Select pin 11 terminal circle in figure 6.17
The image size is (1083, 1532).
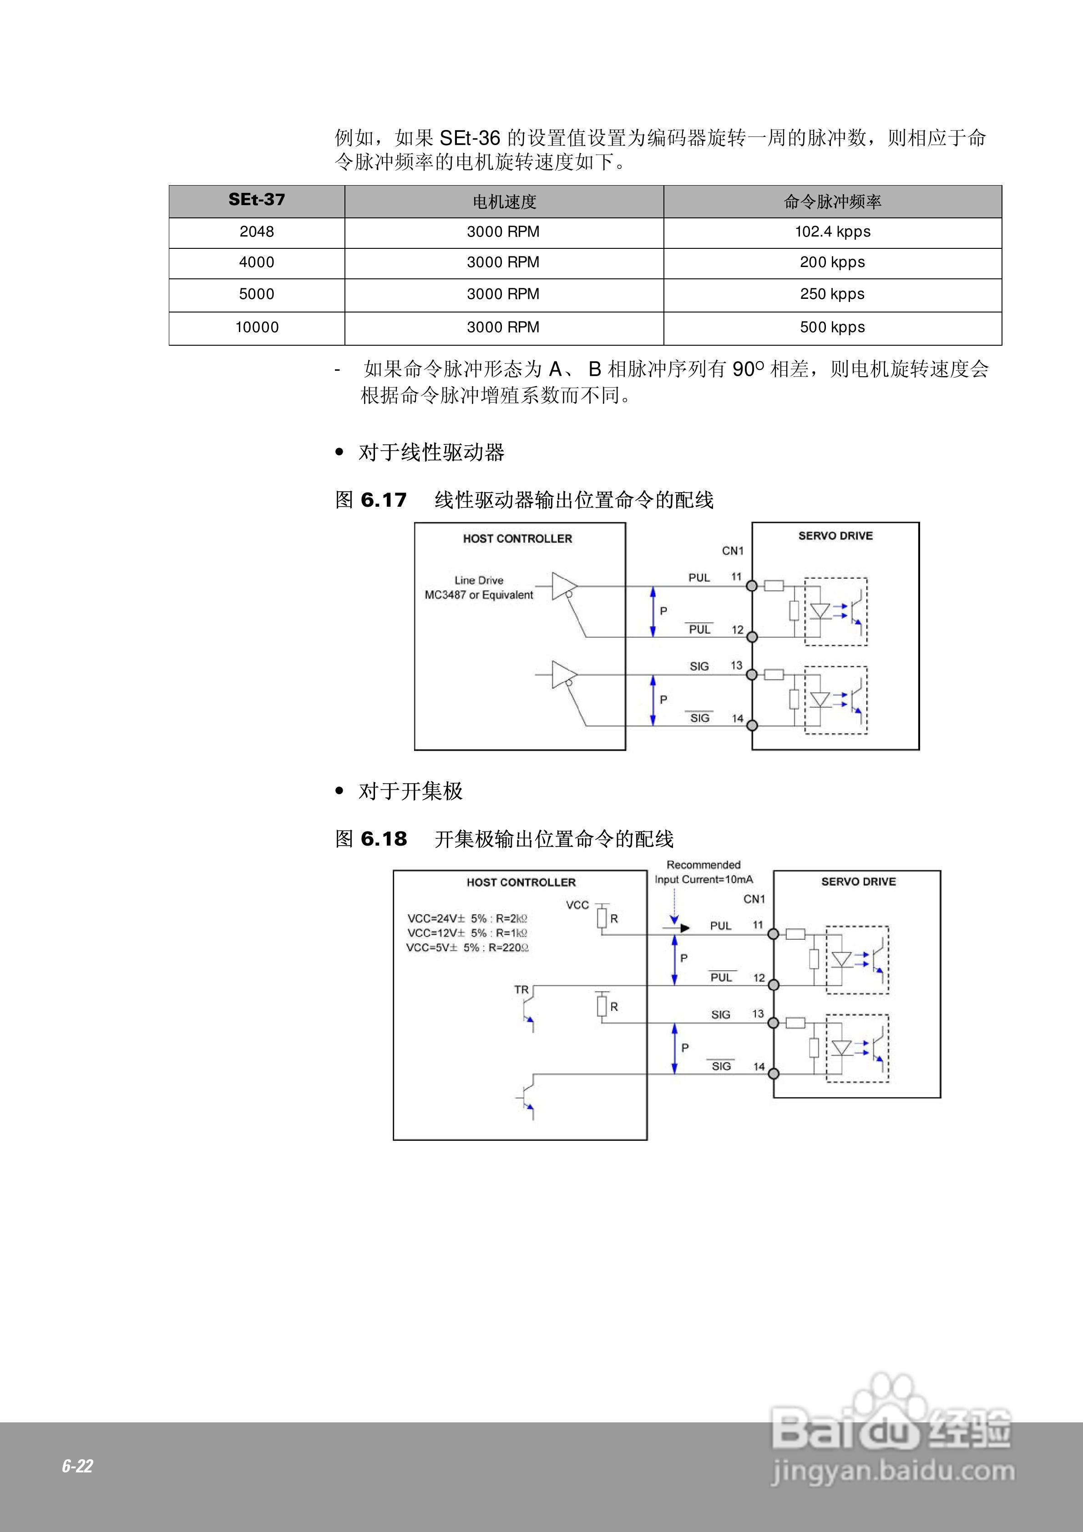(752, 586)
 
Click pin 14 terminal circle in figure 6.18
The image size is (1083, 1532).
(773, 1073)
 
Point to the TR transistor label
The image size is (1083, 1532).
(521, 989)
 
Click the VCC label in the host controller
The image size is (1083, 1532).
(577, 906)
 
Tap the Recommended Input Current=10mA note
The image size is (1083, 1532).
(704, 872)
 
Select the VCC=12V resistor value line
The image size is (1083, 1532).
(467, 933)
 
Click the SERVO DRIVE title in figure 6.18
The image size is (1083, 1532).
(858, 882)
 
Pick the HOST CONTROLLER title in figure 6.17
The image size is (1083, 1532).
(517, 539)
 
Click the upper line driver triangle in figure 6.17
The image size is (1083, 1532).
(563, 586)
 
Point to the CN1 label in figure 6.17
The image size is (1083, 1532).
(733, 550)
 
